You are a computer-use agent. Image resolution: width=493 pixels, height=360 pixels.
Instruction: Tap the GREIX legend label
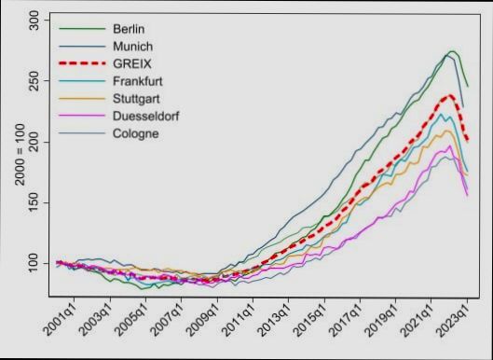click(130, 63)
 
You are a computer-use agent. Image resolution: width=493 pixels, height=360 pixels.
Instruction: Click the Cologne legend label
click(135, 133)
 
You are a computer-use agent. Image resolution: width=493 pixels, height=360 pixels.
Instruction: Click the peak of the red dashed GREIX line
click(450, 95)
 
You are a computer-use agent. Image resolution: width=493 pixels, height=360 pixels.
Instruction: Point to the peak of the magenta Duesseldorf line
click(449, 145)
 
